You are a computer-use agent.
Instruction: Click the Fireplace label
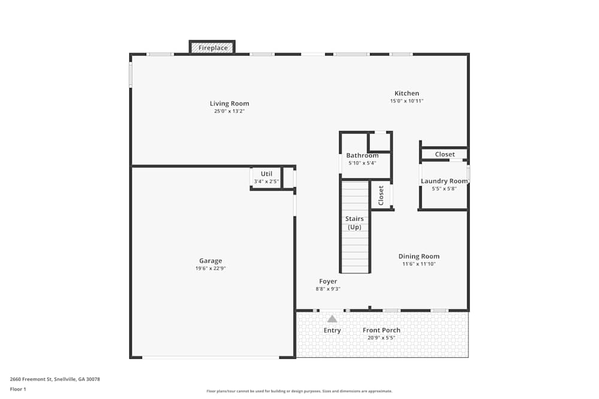[213, 48]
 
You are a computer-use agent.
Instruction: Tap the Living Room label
[229, 103]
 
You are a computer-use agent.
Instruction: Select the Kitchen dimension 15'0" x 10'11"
[407, 101]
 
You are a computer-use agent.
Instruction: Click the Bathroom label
[362, 156]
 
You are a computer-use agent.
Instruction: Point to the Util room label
[266, 174]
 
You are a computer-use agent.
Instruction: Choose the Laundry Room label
[444, 181]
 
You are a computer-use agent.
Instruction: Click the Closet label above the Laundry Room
[444, 154]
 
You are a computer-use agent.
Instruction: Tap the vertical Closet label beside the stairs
[381, 195]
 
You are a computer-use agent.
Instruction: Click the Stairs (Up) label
[354, 223]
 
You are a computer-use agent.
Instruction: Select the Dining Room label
[419, 257]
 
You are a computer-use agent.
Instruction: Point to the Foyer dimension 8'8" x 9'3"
[328, 289]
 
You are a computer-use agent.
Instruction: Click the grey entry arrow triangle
[332, 319]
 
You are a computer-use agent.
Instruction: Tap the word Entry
[332, 330]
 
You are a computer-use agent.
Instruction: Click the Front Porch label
[382, 330]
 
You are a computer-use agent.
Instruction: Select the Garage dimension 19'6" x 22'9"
[210, 269]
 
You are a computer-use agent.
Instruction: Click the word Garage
[210, 261]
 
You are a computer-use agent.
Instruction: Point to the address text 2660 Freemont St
[55, 379]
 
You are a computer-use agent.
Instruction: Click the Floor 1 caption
[18, 389]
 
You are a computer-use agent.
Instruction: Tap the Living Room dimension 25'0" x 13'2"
[229, 111]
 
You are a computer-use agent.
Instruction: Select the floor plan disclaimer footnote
[299, 391]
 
